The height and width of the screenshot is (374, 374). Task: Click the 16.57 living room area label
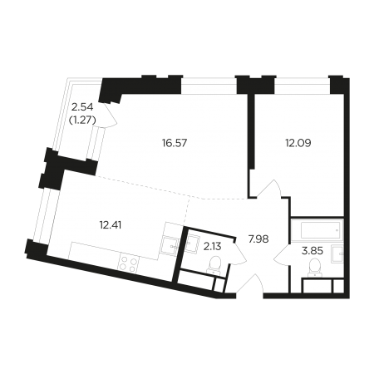tap(175, 143)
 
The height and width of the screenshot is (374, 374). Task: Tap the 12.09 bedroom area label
tap(298, 143)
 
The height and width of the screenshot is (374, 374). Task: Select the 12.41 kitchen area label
tap(111, 225)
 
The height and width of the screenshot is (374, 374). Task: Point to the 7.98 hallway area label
tap(258, 239)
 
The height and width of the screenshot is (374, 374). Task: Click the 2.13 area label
tap(212, 246)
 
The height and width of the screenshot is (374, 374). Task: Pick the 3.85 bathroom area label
tap(312, 251)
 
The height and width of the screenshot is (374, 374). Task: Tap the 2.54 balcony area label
tap(82, 106)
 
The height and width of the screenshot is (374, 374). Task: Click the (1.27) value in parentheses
tap(82, 121)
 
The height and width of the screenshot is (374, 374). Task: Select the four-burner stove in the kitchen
tap(129, 264)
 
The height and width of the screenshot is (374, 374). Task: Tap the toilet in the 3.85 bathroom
tap(316, 268)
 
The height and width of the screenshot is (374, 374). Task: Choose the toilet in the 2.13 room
tap(215, 265)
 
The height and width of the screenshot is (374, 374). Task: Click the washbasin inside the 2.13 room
tap(192, 243)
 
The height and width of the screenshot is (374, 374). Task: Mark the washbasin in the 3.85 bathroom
tap(337, 254)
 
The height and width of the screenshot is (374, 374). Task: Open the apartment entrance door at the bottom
tap(249, 284)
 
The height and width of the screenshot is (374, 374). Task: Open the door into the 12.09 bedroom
tap(270, 189)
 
